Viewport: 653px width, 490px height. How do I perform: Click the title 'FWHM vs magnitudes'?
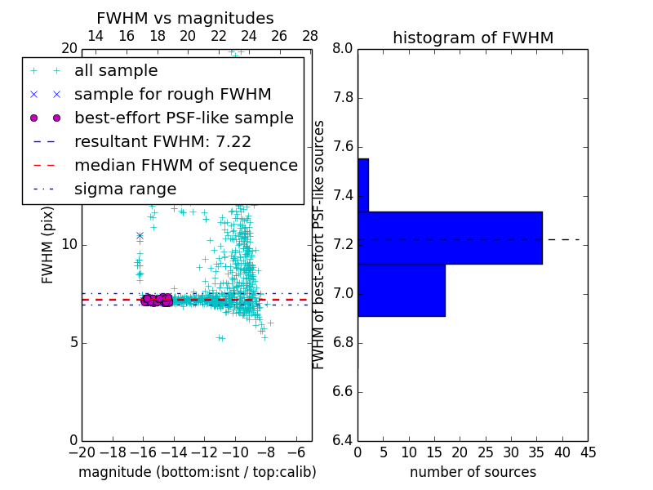184,19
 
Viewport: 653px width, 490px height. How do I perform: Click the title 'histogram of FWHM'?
473,38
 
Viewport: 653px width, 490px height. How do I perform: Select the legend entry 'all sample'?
116,71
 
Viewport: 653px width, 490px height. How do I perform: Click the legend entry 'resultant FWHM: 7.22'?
162,142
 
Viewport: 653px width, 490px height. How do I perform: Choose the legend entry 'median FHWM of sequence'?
185,166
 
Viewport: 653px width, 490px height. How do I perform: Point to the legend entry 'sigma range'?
125,189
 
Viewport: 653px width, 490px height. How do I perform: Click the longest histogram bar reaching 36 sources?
450,238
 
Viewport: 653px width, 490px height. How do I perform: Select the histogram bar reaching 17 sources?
402,290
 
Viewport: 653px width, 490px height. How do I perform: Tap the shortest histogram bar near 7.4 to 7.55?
363,185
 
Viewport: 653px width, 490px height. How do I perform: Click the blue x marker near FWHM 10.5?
140,235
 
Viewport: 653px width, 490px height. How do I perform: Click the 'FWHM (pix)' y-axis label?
48,245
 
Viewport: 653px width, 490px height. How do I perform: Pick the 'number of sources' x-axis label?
473,472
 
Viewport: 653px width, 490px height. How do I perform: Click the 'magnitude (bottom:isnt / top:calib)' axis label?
197,472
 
